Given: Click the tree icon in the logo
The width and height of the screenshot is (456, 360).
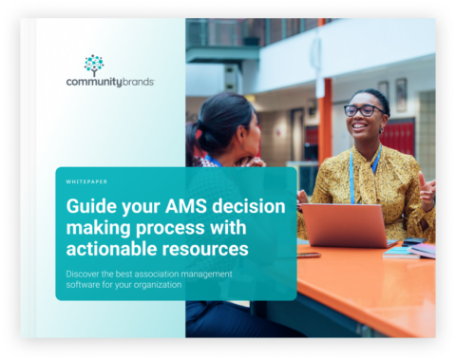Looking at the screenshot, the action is tap(94, 66).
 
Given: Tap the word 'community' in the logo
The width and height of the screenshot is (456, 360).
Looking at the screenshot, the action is tap(94, 83).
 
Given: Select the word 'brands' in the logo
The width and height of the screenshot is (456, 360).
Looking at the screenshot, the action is tap(138, 82).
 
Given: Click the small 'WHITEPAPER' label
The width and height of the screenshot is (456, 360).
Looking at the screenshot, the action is tap(86, 181).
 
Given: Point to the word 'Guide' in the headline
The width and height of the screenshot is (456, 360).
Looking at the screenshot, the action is tap(91, 206).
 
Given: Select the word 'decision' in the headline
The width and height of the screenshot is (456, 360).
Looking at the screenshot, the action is tap(249, 206).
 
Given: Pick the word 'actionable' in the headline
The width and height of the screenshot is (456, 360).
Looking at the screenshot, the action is tap(111, 249).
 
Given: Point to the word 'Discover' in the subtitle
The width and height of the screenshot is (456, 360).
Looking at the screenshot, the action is tap(83, 274).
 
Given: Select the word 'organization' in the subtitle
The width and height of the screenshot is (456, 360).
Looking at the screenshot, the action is tap(158, 285).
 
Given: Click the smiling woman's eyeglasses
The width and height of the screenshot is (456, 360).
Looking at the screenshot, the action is tap(364, 110).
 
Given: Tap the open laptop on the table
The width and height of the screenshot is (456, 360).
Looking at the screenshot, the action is tap(347, 225).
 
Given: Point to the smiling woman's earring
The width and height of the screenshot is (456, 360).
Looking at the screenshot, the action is tap(381, 129).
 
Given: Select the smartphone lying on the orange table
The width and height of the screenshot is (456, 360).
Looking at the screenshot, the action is tap(309, 255).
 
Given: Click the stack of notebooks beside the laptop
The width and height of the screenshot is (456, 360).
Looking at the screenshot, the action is tap(409, 251).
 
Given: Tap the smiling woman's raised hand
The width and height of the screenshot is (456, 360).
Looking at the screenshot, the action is tap(427, 189).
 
